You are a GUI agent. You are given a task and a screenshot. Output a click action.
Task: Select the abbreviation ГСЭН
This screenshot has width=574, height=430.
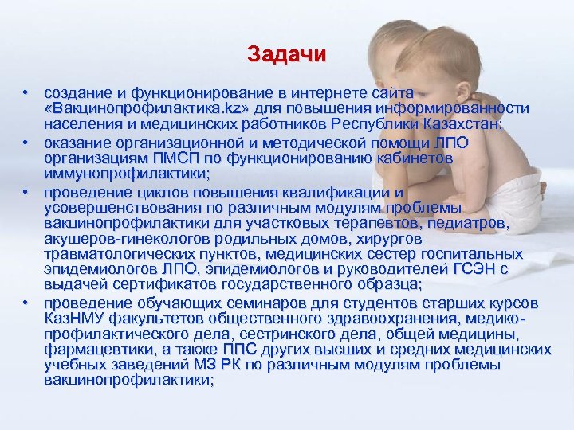coord(474,269)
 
